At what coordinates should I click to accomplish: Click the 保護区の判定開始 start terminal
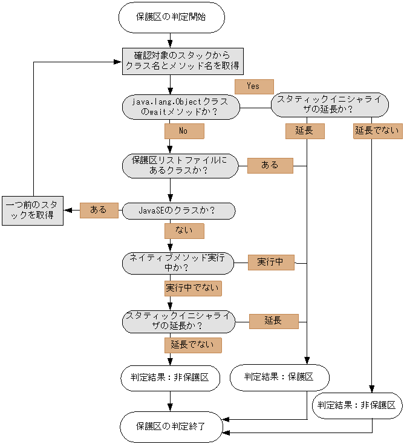click(171, 18)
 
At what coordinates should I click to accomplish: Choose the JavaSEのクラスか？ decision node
click(178, 211)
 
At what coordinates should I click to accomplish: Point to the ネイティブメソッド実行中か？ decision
click(178, 262)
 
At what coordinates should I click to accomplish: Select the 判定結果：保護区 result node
click(279, 377)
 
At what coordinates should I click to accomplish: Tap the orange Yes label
click(253, 87)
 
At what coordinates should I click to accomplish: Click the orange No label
click(184, 131)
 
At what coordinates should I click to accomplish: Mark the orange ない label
click(184, 230)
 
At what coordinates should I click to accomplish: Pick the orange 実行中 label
click(270, 262)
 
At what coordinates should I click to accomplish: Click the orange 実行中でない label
click(192, 288)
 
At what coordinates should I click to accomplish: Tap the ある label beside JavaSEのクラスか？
click(99, 210)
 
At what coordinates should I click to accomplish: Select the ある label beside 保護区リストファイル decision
click(270, 165)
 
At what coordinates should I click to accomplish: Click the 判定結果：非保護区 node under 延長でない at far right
click(357, 405)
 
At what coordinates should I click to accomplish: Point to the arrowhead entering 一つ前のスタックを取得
click(67, 211)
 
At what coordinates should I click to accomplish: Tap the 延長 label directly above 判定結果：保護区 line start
click(304, 131)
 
